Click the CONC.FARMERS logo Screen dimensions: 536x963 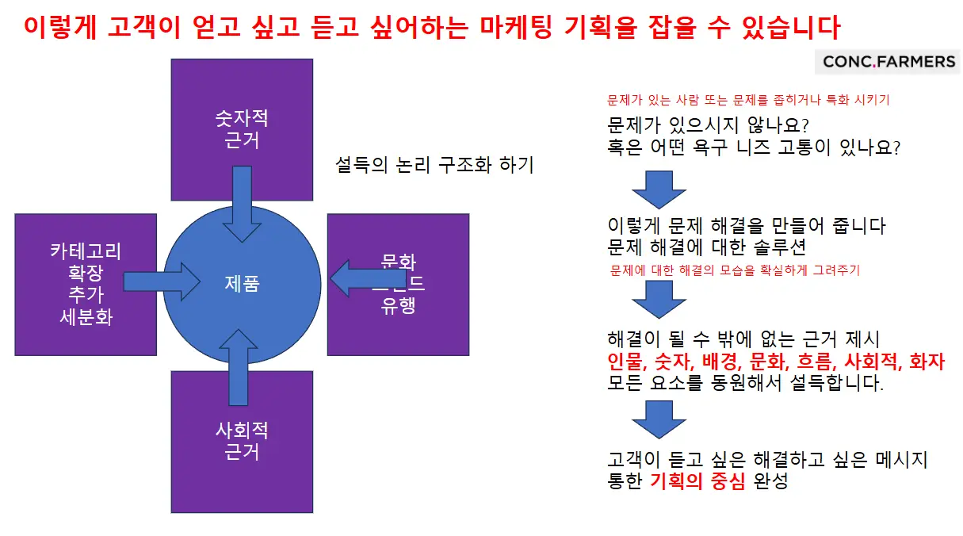[888, 62]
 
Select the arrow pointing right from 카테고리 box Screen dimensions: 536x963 [162, 281]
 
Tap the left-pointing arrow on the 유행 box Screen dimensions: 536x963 [369, 278]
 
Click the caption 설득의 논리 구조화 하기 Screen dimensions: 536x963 [434, 165]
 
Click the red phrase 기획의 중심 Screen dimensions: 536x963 [697, 481]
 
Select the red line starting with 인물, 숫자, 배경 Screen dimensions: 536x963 [775, 362]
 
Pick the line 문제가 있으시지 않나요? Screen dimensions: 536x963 [707, 126]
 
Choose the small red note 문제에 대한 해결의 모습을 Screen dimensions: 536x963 [734, 270]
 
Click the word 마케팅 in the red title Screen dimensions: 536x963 [518, 29]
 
